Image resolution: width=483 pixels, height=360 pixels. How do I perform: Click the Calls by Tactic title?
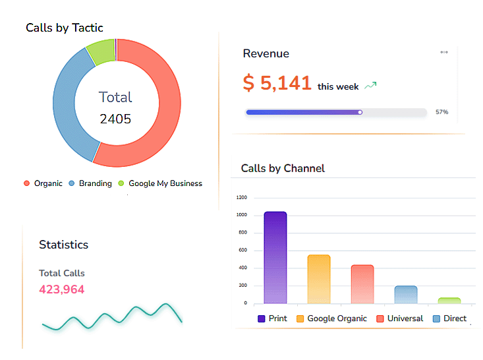click(x=65, y=28)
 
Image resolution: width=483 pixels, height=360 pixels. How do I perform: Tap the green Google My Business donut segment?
click(x=101, y=53)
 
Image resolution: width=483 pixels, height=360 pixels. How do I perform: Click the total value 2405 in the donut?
click(x=115, y=119)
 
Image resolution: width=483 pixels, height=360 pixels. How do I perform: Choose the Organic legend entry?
click(x=43, y=183)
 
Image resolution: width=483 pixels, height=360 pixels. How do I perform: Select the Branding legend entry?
click(x=90, y=183)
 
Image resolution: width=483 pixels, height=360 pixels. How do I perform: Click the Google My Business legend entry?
click(x=160, y=183)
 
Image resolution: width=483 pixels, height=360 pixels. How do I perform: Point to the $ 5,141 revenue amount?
click(x=277, y=83)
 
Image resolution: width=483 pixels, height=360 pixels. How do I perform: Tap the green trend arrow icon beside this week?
click(x=370, y=86)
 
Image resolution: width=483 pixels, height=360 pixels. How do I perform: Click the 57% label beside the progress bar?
click(x=441, y=112)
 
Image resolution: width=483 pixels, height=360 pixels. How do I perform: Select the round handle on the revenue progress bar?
click(x=360, y=112)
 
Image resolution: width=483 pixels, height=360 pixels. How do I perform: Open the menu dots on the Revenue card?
click(x=444, y=53)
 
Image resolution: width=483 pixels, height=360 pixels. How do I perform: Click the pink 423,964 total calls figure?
click(x=62, y=289)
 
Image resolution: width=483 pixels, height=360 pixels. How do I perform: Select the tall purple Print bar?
click(x=275, y=258)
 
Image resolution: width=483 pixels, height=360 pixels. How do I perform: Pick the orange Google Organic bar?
click(x=319, y=280)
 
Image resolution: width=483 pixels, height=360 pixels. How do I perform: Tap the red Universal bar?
click(x=362, y=284)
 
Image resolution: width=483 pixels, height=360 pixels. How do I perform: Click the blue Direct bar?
click(x=406, y=295)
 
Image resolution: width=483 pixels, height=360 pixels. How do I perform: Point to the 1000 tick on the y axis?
click(x=241, y=215)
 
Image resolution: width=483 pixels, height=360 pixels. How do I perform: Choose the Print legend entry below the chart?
click(x=272, y=318)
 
